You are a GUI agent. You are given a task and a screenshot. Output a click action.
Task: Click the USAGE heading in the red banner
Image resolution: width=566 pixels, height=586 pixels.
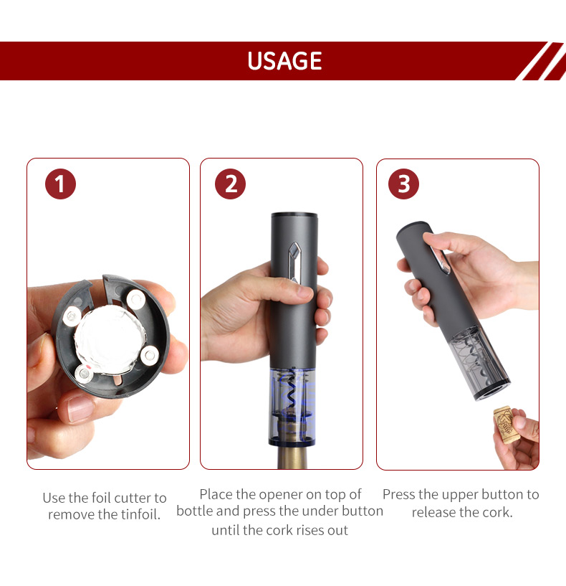click(x=284, y=61)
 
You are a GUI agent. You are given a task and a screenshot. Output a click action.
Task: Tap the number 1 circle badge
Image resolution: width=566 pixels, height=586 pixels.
click(x=60, y=184)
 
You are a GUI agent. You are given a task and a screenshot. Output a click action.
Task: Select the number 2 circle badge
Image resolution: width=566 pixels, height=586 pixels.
click(x=231, y=184)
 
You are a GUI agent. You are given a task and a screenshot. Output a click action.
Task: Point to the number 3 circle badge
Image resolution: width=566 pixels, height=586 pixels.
click(x=403, y=184)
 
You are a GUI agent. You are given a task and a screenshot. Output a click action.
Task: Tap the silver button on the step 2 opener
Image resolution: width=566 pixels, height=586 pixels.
click(x=294, y=263)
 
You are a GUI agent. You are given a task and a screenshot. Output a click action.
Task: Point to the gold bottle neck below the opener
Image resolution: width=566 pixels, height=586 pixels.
click(x=292, y=457)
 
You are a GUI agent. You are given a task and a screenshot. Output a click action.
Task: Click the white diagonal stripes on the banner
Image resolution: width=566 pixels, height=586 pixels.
click(x=542, y=61)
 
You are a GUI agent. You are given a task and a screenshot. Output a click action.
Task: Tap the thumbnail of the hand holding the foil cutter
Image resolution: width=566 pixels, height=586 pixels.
click(x=108, y=314)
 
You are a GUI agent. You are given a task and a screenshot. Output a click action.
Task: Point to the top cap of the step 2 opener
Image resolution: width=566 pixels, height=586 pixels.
click(x=294, y=215)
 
